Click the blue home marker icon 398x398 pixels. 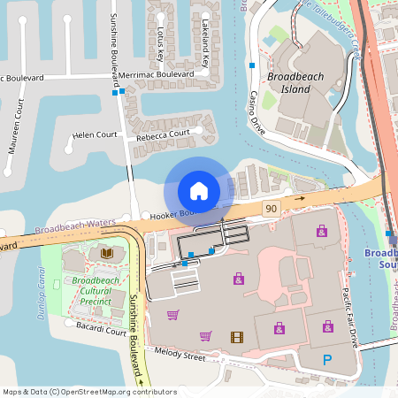click(199, 191)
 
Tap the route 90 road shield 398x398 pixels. click(271, 209)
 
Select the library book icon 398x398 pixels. click(107, 253)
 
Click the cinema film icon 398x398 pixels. click(236, 336)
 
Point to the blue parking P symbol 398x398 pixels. click(327, 359)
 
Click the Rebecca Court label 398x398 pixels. click(163, 134)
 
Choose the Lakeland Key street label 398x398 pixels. click(204, 44)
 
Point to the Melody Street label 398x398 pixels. click(181, 356)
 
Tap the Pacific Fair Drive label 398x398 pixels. click(349, 316)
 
